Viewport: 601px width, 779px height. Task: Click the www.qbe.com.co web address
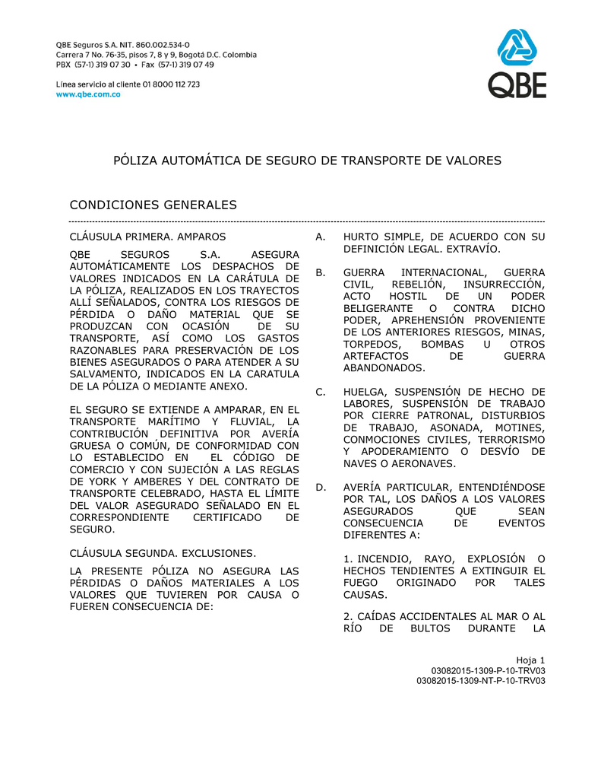(x=89, y=95)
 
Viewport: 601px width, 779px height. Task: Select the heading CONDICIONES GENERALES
(x=153, y=205)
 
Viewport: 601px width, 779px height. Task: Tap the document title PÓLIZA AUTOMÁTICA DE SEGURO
(x=307, y=161)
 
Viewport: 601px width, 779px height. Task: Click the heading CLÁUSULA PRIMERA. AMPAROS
(x=147, y=237)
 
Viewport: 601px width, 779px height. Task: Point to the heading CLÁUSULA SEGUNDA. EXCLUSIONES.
(x=163, y=552)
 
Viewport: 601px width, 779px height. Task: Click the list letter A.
(x=320, y=237)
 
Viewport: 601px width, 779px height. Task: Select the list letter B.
(x=320, y=272)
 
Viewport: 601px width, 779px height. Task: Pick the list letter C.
(x=321, y=393)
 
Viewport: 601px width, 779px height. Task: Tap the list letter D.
(x=321, y=487)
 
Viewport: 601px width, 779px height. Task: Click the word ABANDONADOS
(x=384, y=368)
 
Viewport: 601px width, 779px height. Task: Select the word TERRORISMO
(x=508, y=440)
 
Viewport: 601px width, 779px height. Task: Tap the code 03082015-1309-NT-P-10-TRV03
(x=481, y=681)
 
